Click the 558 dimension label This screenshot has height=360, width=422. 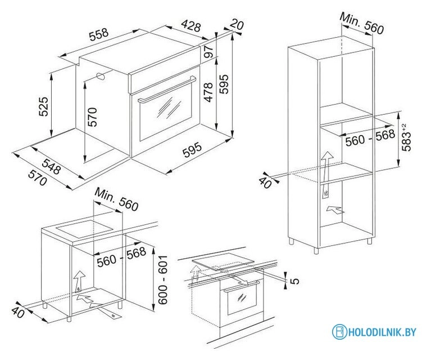click(99, 34)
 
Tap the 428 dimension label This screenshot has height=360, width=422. click(191, 26)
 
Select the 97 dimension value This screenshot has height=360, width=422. click(208, 51)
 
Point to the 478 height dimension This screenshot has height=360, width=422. click(208, 92)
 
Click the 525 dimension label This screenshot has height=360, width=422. click(44, 106)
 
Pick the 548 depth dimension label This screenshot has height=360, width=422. click(51, 166)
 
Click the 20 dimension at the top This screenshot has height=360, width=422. click(237, 25)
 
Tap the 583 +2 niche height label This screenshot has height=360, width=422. click(406, 137)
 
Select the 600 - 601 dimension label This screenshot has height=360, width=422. click(162, 280)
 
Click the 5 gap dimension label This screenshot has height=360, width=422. click(295, 281)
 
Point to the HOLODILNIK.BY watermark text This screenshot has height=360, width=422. click(382, 332)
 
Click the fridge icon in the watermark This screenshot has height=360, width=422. click(339, 332)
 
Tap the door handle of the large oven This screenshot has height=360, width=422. click(167, 90)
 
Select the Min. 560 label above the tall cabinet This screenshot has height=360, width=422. click(362, 24)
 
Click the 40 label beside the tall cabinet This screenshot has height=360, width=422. click(265, 182)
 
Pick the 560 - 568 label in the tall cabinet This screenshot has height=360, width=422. click(370, 138)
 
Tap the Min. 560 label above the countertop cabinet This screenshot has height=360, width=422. click(116, 199)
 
